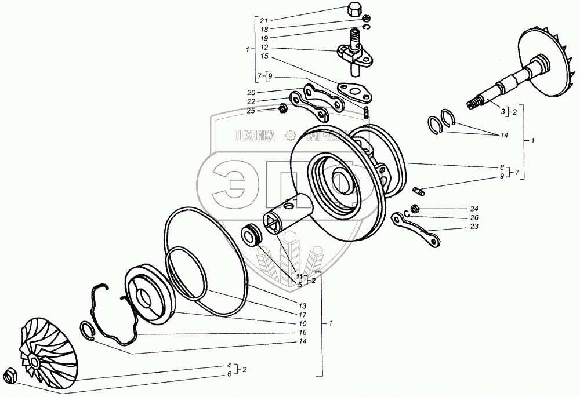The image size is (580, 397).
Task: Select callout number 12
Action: (x=264, y=48)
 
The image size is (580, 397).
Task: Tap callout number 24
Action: (x=474, y=208)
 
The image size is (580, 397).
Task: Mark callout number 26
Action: (x=474, y=218)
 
